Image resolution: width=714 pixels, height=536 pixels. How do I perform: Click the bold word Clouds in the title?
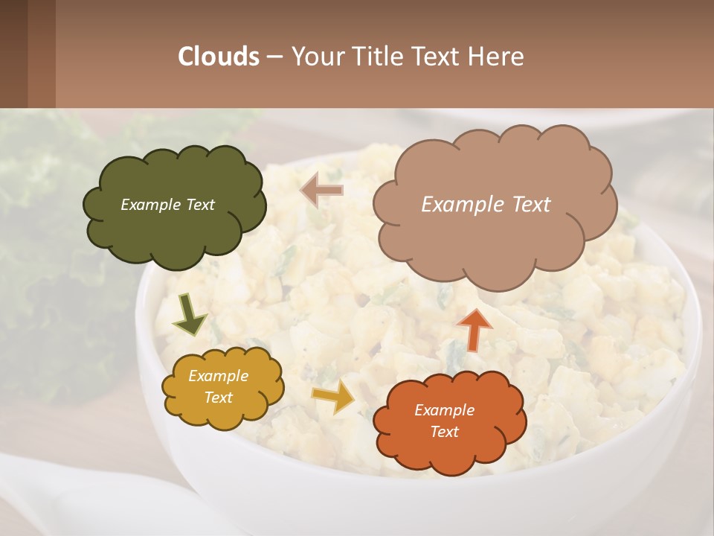pos(219,57)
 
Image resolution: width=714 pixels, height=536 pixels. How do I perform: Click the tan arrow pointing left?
pos(322,191)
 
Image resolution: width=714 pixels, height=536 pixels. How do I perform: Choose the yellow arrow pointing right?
pos(334,397)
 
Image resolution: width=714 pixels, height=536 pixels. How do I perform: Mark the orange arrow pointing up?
pos(474,329)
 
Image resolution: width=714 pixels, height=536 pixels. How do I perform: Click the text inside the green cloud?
pos(167,205)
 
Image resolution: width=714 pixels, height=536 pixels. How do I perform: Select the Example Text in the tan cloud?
pos(486,205)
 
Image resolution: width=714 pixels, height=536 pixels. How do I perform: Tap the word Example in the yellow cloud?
pos(218,376)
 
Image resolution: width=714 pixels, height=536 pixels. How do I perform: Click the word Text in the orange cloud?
pos(444,432)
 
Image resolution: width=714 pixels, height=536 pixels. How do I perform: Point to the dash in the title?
pos(274,57)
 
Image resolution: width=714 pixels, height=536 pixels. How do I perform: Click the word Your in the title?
pos(318,57)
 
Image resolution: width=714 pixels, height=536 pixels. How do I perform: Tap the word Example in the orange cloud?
pos(444,410)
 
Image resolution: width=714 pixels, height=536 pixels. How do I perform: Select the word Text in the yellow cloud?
pos(218,398)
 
